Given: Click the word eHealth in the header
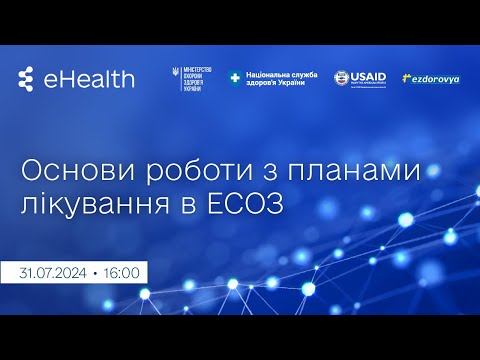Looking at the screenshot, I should point(89,80).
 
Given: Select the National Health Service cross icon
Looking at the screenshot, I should point(235,77).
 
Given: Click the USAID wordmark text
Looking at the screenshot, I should point(369,76).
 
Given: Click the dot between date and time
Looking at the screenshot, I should point(95,271).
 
